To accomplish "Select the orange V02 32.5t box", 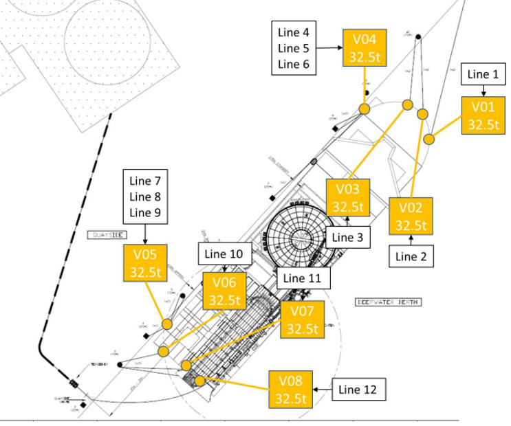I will point(411,216).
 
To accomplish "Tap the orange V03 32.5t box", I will point(349,197).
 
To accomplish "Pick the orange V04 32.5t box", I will point(365,47).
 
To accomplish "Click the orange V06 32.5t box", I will point(224,291).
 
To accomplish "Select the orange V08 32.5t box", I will point(291,390).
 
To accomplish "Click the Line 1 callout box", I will point(483,74).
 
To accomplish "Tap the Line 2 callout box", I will point(412,256).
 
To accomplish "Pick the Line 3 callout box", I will point(348,237).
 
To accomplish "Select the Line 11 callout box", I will point(303,278).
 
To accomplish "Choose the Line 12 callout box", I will point(358,390).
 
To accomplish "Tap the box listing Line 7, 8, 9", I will point(144,197).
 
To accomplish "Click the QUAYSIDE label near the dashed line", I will point(107,234).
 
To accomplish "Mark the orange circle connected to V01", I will point(429,139).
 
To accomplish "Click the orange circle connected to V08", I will point(199,380).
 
